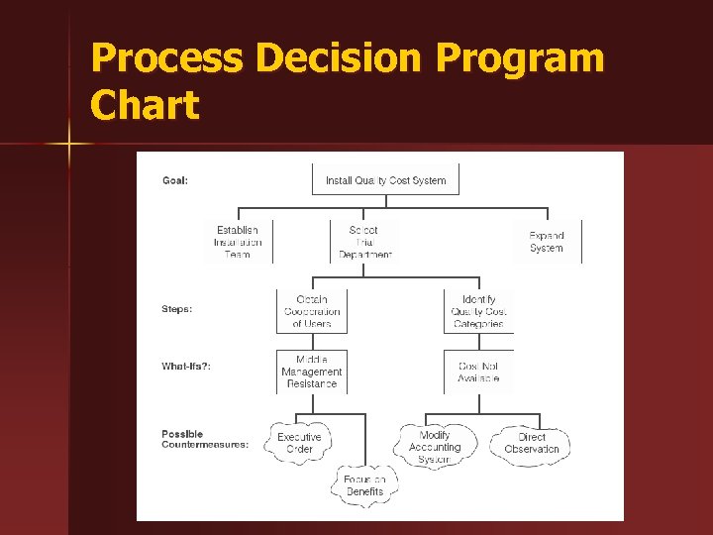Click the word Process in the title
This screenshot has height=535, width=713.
[165, 59]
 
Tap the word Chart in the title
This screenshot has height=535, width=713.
[145, 105]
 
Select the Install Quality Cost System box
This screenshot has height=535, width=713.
[385, 180]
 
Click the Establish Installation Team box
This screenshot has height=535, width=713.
[238, 242]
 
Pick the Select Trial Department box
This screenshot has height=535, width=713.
[364, 242]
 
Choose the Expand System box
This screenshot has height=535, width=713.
[547, 242]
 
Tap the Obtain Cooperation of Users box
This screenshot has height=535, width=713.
[312, 311]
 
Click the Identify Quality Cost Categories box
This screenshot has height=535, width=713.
[478, 311]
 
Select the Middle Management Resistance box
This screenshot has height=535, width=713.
[312, 372]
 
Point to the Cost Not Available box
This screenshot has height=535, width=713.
[478, 372]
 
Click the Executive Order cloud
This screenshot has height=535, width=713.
[299, 443]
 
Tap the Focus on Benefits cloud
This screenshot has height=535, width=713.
[364, 485]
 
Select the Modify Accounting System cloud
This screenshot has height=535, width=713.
[435, 447]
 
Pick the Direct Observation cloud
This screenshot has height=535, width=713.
[532, 443]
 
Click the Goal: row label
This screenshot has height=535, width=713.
[175, 180]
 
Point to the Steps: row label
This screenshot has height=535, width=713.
[177, 309]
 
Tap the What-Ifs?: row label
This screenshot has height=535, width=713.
[186, 367]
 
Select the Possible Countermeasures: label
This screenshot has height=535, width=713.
[205, 439]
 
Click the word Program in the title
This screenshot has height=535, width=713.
[521, 59]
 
